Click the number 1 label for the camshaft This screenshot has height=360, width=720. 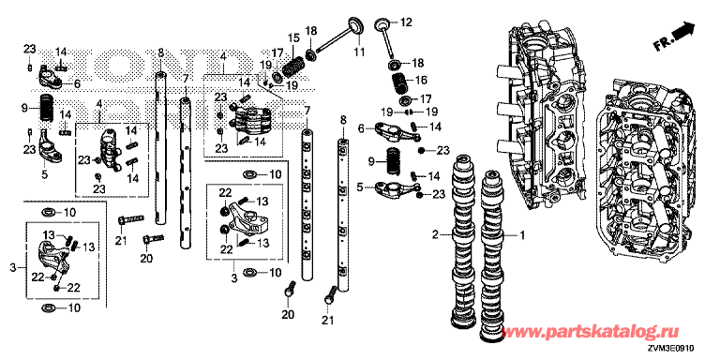[x=521, y=235]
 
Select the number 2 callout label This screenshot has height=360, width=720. [x=435, y=235]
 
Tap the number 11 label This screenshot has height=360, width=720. [x=359, y=52]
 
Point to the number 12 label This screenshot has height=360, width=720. [x=407, y=22]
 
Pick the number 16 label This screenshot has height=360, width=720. [x=421, y=80]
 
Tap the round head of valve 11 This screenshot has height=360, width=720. [x=356, y=24]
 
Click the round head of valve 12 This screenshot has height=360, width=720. [x=382, y=23]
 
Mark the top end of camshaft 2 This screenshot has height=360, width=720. [x=461, y=161]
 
